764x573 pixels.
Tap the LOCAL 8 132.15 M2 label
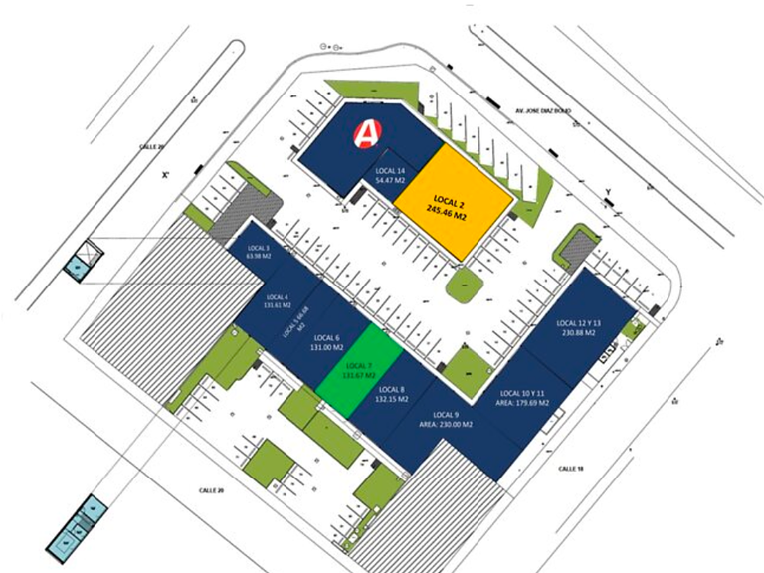tap(388, 395)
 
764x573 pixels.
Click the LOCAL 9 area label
tap(445, 419)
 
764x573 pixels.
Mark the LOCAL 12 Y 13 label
tap(577, 328)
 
